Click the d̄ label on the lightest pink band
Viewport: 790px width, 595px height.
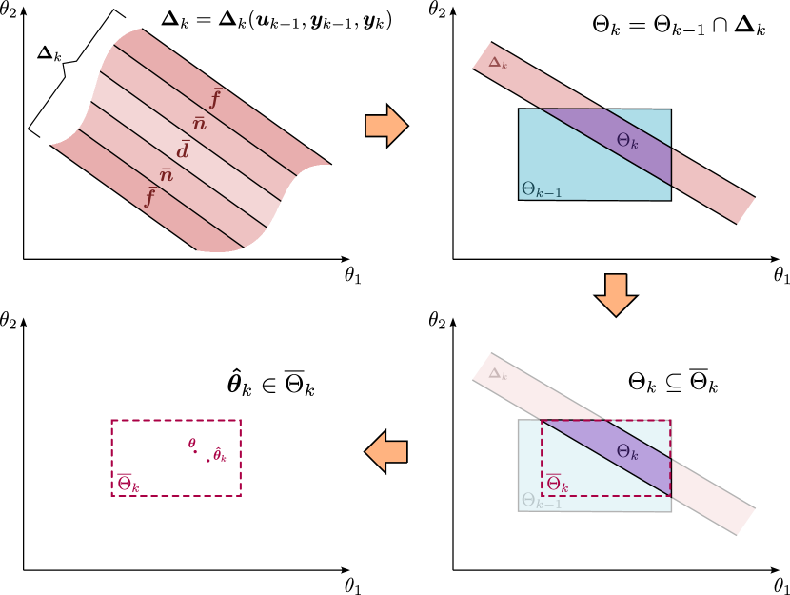tap(183, 150)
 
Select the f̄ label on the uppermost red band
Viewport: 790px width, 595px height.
tap(215, 98)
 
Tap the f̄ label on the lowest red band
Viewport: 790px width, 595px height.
tap(149, 197)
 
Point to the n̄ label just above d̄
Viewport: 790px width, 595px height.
tap(199, 124)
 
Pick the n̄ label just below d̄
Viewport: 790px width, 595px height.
tap(166, 175)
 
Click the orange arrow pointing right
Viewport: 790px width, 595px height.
tap(386, 126)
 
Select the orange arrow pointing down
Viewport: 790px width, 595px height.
tap(616, 294)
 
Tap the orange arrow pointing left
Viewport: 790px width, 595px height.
tap(386, 451)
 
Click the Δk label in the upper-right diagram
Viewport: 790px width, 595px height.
tap(498, 63)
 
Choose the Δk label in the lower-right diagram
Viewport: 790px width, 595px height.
tap(498, 374)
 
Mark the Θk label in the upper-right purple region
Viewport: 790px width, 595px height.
tap(627, 141)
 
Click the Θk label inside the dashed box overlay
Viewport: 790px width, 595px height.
tap(627, 452)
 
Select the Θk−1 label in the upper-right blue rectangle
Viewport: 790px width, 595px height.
tap(542, 189)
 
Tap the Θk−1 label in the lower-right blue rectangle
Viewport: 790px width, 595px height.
tap(542, 501)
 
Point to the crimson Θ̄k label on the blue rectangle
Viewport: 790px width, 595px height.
tap(557, 484)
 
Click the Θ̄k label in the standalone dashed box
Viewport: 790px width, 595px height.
tap(128, 484)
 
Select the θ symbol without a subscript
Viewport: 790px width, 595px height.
tap(191, 443)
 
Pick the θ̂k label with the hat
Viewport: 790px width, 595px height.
tap(219, 455)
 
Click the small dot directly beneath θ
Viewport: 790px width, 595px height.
tap(195, 453)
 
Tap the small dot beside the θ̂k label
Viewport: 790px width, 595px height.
tap(208, 461)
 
